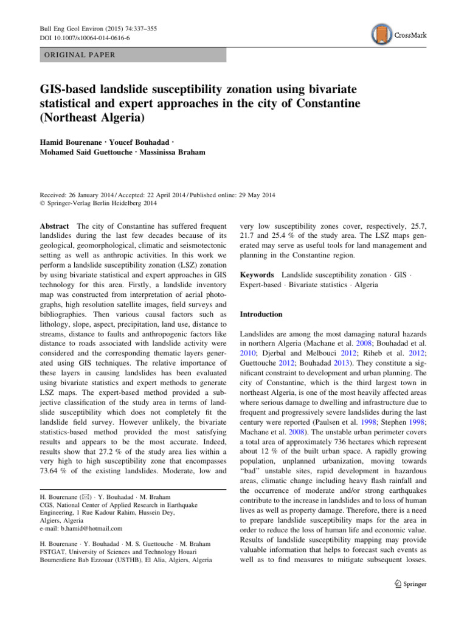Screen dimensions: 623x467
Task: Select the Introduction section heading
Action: [x=261, y=315]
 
